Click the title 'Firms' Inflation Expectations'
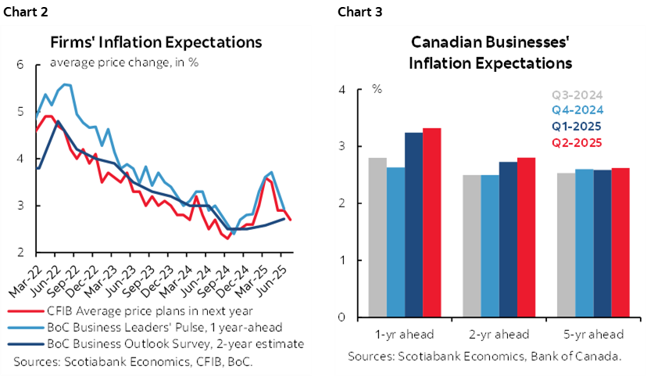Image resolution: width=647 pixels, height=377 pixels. pyautogui.click(x=155, y=42)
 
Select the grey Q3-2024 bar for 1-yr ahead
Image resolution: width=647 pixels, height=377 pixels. pyautogui.click(x=377, y=237)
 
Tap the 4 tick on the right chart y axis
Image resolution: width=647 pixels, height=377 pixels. pyautogui.click(x=341, y=90)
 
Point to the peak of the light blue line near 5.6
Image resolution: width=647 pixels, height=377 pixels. pyautogui.click(x=66, y=84)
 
